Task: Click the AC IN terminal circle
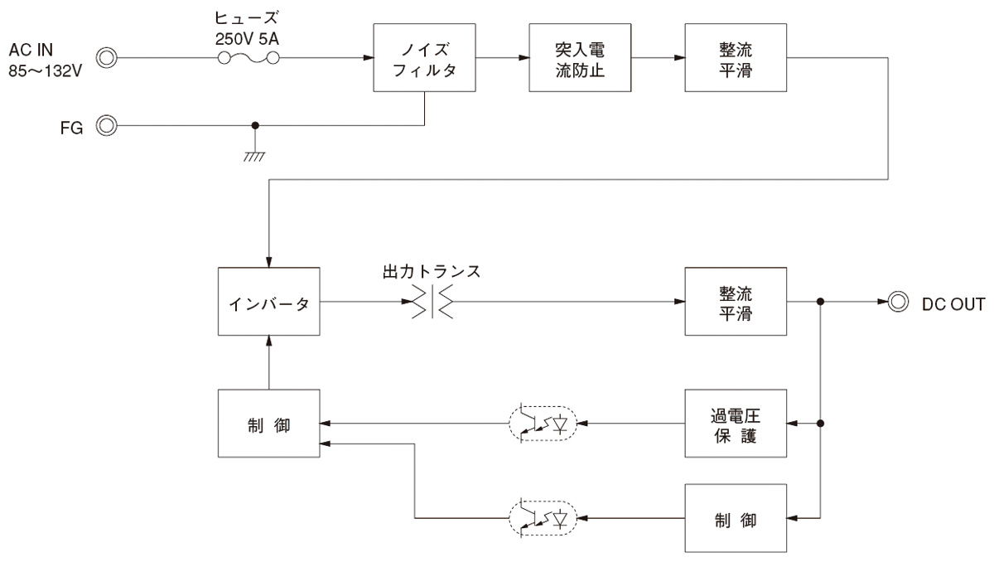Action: pos(107,58)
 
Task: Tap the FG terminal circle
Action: pos(107,126)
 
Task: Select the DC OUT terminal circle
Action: pos(896,303)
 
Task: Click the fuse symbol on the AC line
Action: pos(248,58)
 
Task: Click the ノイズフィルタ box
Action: pos(425,58)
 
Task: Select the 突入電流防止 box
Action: pos(581,58)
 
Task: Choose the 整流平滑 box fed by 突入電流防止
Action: pos(736,58)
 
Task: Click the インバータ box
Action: pos(269,303)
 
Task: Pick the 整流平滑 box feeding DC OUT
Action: pos(736,303)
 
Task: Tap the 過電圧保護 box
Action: pos(736,424)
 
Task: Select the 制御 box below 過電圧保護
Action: pos(736,518)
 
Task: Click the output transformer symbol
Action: pos(432,303)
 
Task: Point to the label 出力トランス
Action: pos(432,272)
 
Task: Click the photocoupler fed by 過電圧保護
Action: pos(543,424)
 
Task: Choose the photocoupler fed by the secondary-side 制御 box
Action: pos(543,518)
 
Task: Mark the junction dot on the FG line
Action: pos(254,126)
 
